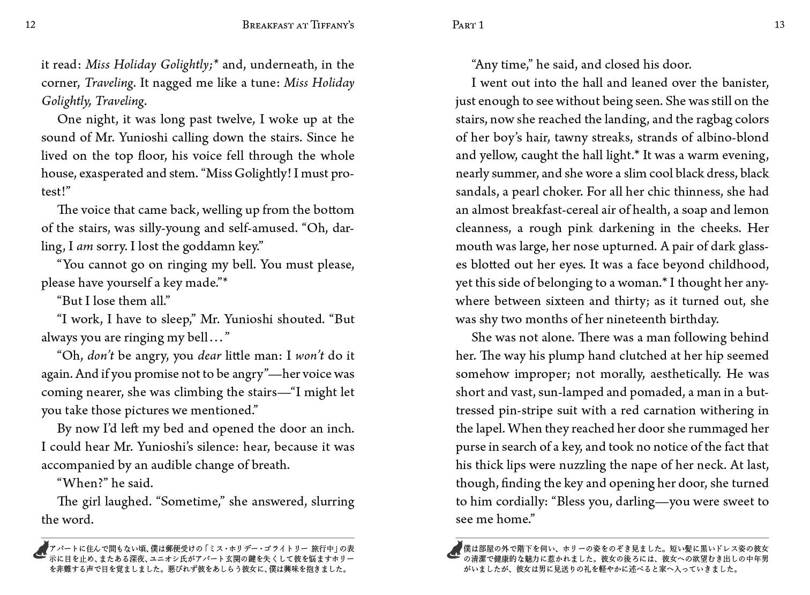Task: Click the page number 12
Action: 31,25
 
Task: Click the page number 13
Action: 779,25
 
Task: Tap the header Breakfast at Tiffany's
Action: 298,25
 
